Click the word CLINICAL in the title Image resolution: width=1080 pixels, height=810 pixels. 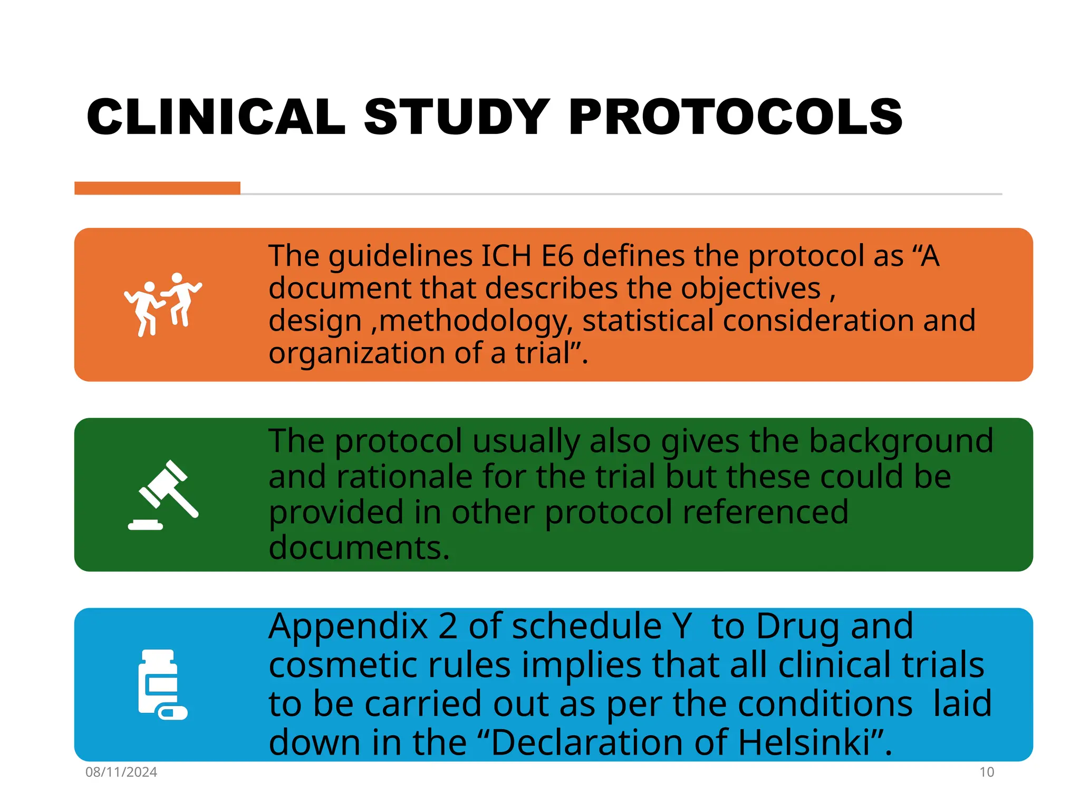(x=216, y=117)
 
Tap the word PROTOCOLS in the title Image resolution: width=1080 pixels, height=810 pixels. (x=735, y=117)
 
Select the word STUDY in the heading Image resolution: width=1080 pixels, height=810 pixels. (x=457, y=117)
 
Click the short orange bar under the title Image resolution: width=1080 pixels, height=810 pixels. (x=157, y=188)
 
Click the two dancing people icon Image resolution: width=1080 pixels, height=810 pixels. (x=162, y=304)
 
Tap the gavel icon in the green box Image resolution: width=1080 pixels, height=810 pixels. (x=163, y=495)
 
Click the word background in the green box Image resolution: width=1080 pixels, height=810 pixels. (x=901, y=442)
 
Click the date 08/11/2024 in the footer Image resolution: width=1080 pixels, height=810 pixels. (x=121, y=772)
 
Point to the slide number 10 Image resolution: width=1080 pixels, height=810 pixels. (x=986, y=772)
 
